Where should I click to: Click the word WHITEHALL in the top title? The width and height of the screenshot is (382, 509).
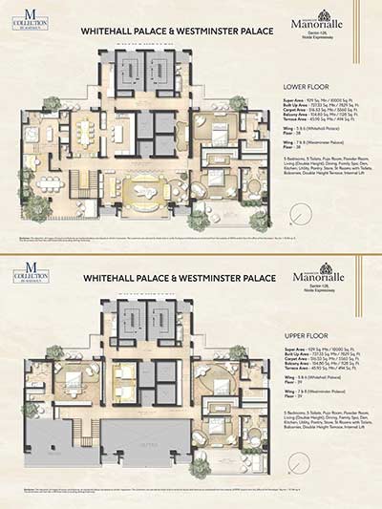(x=111, y=31)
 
